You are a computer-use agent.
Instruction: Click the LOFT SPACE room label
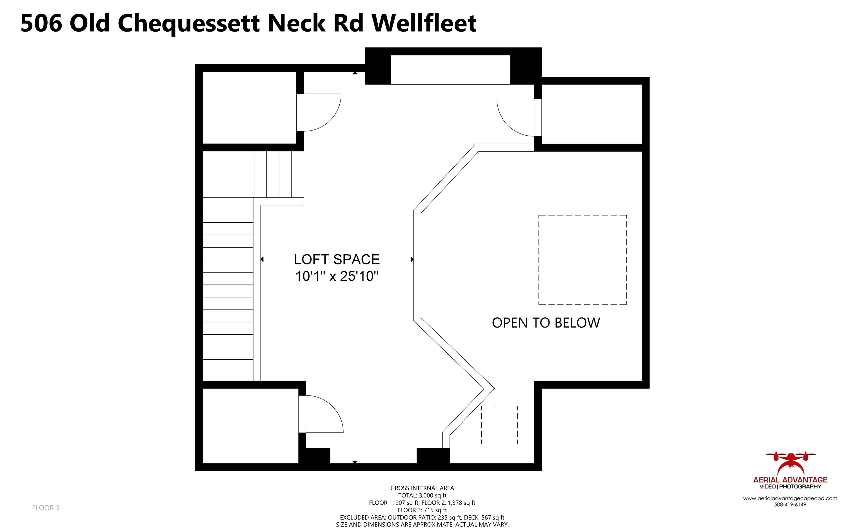coord(336,259)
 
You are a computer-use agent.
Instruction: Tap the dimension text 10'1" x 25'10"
coord(336,276)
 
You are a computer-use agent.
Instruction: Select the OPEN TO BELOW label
coord(546,323)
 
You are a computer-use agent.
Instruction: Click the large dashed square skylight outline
coord(582,260)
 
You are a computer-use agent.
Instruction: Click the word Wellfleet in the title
coord(424,23)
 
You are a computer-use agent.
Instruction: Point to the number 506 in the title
coord(41,23)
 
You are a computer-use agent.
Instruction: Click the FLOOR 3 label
coord(46,508)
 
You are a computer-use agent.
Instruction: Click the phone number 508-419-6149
coord(790,504)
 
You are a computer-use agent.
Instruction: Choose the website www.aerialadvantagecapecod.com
coord(790,498)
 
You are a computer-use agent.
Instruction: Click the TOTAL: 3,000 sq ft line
coord(422,495)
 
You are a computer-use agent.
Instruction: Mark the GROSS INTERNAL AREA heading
coord(422,488)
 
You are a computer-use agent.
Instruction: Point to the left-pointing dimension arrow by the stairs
coord(262,259)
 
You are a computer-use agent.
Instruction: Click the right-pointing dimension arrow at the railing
coord(412,259)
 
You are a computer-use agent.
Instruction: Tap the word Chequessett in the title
coord(188,23)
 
